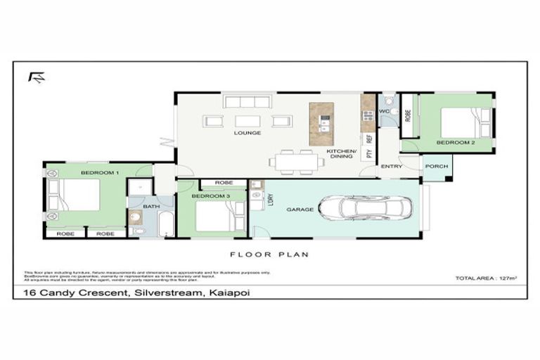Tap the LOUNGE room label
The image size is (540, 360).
click(247, 132)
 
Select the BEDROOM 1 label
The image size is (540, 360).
click(99, 172)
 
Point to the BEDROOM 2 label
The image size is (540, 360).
click(455, 142)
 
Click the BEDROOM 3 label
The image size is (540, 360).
click(212, 195)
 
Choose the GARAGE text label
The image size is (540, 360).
click(299, 210)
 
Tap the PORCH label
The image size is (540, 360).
click(435, 167)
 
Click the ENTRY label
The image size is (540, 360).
click(392, 167)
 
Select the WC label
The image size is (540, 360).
click(384, 111)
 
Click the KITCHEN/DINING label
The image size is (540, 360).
click(342, 154)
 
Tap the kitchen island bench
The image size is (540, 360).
click(322, 124)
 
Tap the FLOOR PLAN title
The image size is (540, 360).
click(269, 255)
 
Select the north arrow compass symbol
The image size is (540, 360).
click(36, 77)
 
